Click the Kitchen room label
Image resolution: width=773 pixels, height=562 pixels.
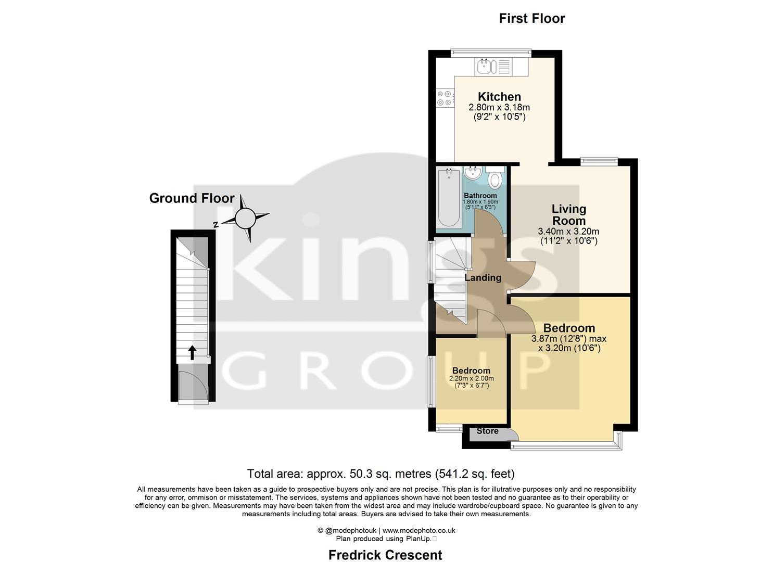click(499, 97)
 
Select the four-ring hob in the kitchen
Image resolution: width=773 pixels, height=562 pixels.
click(444, 98)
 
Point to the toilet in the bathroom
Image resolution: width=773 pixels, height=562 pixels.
click(495, 178)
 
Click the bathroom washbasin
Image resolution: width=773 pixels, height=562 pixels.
click(473, 173)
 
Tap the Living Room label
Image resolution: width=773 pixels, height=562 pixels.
click(568, 214)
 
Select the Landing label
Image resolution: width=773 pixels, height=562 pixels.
click(483, 278)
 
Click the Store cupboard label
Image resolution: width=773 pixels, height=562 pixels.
click(487, 431)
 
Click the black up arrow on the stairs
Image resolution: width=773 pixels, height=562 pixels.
click(192, 352)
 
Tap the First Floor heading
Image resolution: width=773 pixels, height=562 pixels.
click(531, 19)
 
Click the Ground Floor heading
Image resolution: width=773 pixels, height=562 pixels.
click(192, 198)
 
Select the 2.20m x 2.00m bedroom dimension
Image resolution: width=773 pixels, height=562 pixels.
click(471, 378)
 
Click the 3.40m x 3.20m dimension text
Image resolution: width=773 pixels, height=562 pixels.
click(568, 232)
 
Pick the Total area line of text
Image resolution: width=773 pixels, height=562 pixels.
click(381, 474)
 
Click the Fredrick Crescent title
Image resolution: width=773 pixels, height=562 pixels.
click(385, 555)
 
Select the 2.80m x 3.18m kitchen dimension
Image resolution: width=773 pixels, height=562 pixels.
click(499, 108)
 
